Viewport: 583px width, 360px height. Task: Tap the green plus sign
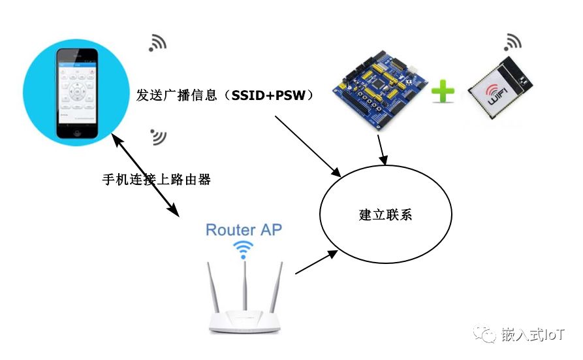tap(443, 92)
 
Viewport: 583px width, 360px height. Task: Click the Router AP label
tap(244, 230)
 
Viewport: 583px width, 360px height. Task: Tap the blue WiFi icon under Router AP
tap(244, 250)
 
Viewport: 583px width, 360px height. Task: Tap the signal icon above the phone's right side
tap(157, 42)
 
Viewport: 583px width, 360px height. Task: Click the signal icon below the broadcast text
tap(158, 136)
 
